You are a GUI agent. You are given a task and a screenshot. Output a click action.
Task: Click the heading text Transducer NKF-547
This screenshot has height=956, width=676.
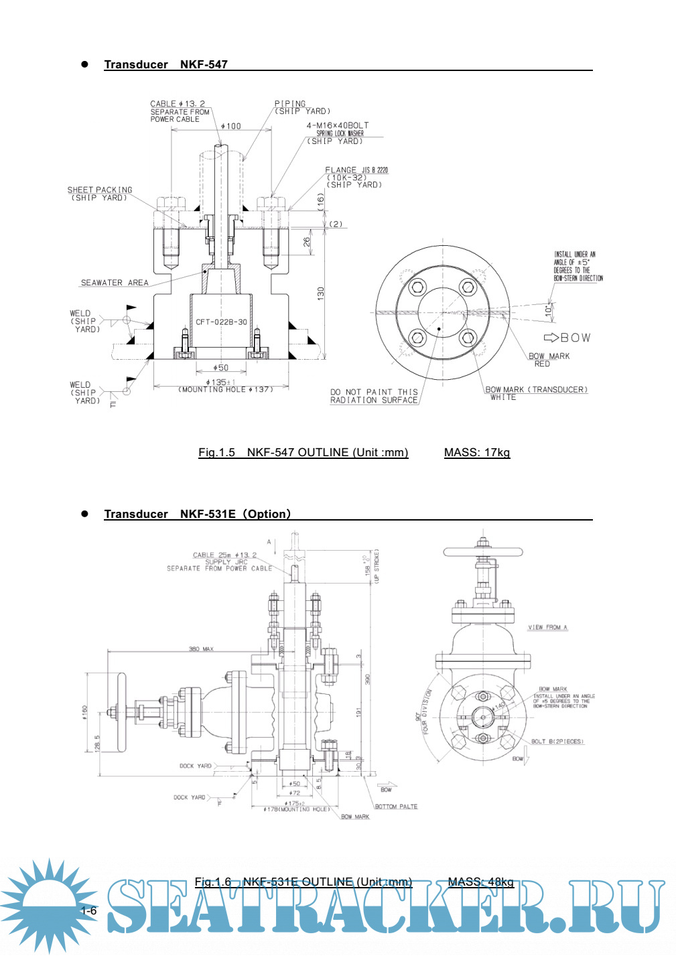click(x=165, y=64)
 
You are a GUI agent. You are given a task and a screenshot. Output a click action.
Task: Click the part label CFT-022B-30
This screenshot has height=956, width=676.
click(x=221, y=322)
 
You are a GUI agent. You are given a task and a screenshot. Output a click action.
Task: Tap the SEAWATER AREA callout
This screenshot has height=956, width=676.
click(x=115, y=283)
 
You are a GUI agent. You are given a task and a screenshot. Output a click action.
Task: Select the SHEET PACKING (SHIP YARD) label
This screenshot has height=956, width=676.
click(x=100, y=194)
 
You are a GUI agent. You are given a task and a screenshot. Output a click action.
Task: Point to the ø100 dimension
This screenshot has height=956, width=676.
click(x=231, y=126)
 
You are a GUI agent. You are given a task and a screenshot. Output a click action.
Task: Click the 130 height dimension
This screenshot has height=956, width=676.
click(x=320, y=293)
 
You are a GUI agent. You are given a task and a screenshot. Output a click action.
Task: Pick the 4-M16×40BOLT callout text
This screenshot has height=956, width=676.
click(x=338, y=125)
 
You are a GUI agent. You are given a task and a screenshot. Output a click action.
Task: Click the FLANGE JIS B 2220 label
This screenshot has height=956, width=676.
click(x=356, y=170)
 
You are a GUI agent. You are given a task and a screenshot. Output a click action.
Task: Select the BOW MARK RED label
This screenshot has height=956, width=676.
click(x=549, y=360)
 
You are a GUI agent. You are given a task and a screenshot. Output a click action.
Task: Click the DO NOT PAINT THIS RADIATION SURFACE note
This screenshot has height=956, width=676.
click(x=374, y=396)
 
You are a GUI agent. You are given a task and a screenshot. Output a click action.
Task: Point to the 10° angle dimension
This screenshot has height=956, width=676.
click(x=548, y=310)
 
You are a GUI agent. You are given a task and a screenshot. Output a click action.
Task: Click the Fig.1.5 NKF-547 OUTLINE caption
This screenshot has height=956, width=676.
click(x=303, y=452)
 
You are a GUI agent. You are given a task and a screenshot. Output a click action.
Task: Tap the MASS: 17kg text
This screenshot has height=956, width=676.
click(x=476, y=452)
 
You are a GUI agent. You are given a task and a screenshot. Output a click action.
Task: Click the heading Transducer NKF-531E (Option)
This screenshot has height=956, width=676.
click(x=198, y=514)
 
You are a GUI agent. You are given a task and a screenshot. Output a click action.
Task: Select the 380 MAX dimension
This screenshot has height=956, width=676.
click(x=200, y=648)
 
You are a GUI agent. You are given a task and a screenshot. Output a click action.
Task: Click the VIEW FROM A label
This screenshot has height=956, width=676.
click(x=547, y=627)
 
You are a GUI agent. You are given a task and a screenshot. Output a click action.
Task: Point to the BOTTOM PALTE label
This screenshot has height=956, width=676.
click(x=396, y=807)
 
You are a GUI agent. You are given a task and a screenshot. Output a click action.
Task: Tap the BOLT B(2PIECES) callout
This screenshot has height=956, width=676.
click(x=557, y=742)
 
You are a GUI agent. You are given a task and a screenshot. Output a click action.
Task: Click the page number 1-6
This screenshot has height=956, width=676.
click(x=88, y=910)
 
